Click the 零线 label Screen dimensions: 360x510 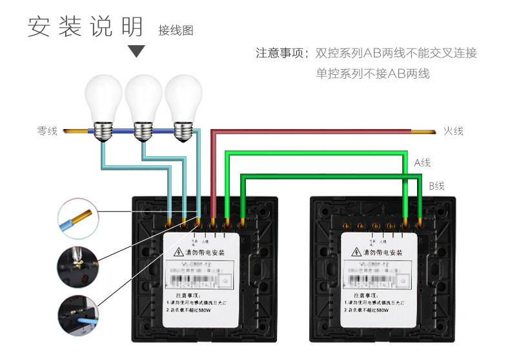tap(47, 131)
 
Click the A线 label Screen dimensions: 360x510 tap(422, 163)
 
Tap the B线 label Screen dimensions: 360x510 tap(436, 186)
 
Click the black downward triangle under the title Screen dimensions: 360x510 tap(137, 51)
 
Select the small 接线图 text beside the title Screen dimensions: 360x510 tap(176, 30)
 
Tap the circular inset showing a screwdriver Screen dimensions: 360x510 tap(77, 265)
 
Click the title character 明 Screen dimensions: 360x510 tap(132, 27)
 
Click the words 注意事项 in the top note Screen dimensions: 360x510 tap(279, 53)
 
